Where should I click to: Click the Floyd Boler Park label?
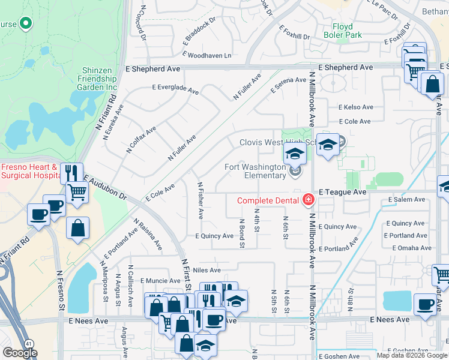tap(347, 31)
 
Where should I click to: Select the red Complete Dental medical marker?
tap(309, 199)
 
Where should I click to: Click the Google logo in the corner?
tap(20, 353)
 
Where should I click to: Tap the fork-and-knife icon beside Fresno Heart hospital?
tap(71, 173)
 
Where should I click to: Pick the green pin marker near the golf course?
tap(25, 24)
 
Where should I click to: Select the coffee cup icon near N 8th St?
tap(426, 304)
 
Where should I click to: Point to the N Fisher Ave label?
tap(200, 200)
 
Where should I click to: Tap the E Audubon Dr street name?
tap(106, 188)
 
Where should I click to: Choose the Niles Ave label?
tap(208, 271)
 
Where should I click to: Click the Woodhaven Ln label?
tap(209, 55)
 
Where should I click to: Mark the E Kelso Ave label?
tap(355, 107)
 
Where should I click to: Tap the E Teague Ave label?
tap(342, 191)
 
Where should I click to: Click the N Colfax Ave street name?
tap(141, 140)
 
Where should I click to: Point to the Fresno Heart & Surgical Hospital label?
tap(29, 171)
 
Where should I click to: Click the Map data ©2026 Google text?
tap(411, 355)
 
